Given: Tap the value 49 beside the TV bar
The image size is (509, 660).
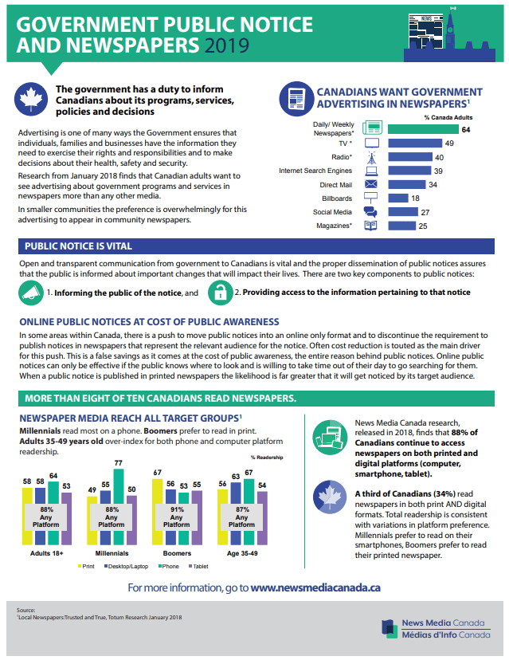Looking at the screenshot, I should click(449, 143).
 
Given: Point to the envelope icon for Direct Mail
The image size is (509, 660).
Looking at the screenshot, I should click(370, 184).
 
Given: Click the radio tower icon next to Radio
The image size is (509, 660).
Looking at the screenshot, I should click(370, 156).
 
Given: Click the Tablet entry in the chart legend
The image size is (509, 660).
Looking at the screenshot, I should click(198, 566).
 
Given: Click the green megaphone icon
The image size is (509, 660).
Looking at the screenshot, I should click(30, 293).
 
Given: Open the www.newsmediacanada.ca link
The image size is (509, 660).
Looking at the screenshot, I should click(315, 587).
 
